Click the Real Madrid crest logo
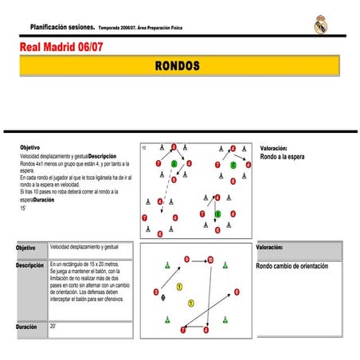[x=320, y=24]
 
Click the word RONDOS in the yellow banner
[x=178, y=65]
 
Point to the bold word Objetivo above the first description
[x=29, y=148]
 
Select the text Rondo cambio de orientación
[x=292, y=266]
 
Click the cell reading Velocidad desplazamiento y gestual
[x=89, y=248]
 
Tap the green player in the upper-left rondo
[x=174, y=164]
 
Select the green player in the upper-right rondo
[x=233, y=166]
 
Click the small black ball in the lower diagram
[x=163, y=297]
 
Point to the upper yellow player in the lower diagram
[x=180, y=286]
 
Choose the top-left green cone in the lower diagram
[x=167, y=265]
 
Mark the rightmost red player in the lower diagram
[x=237, y=292]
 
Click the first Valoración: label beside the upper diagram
[x=274, y=148]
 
